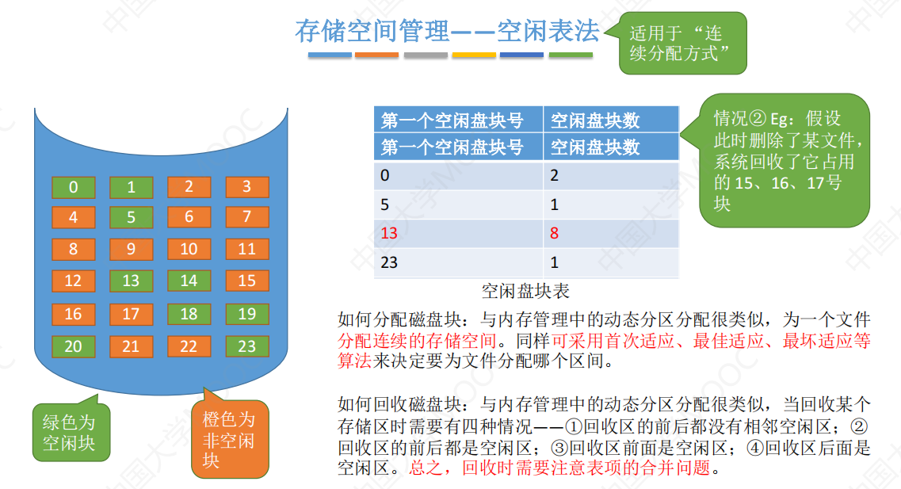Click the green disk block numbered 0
click(74, 187)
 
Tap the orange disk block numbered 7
click(247, 217)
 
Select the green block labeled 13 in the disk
click(131, 281)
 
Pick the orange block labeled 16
click(74, 315)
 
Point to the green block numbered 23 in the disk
click(247, 346)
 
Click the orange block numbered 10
click(189, 250)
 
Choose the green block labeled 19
click(247, 315)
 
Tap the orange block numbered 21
click(131, 346)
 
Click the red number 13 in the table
click(389, 233)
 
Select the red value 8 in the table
click(554, 233)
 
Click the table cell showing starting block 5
click(459, 204)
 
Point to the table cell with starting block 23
click(459, 262)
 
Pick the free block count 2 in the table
click(554, 175)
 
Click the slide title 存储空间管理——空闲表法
click(448, 31)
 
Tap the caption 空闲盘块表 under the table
click(525, 292)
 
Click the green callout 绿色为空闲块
click(71, 431)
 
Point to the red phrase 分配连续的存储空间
click(417, 341)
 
